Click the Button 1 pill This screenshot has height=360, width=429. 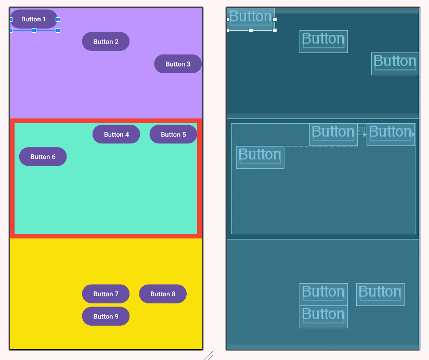33,19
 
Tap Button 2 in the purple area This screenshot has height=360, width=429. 106,42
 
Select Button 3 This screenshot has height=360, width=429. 178,64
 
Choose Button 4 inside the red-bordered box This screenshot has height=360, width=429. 116,134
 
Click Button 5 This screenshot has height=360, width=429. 173,134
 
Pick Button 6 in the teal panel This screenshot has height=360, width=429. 43,156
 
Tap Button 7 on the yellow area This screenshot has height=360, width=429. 106,294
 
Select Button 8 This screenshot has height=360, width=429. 163,294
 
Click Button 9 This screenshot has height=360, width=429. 106,316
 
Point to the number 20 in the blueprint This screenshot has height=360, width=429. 361,129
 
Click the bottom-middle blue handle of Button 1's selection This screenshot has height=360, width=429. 34,31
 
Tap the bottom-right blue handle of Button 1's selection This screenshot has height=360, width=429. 58,31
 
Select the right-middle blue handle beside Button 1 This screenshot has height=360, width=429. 58,19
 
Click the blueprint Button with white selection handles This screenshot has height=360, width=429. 251,19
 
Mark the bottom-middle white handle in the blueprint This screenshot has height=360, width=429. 251,31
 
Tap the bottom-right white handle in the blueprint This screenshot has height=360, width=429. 275,31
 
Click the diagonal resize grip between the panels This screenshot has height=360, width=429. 208,356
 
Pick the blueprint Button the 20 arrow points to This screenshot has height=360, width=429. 391,134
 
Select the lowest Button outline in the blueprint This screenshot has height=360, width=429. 323,316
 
